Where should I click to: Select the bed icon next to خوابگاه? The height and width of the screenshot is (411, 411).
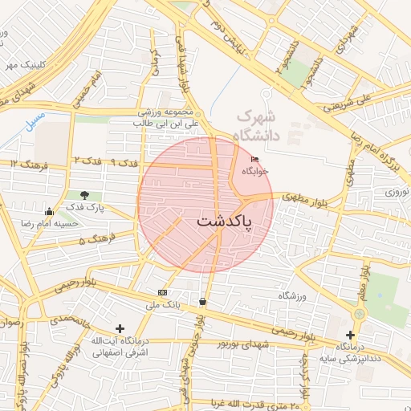coord(256,160)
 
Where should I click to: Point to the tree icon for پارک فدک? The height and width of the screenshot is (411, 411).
coord(84,195)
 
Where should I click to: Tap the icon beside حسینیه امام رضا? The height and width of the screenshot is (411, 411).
coord(50,212)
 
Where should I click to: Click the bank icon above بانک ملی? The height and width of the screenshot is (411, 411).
coord(164,292)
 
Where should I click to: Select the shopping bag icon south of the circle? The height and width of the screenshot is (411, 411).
coord(201,302)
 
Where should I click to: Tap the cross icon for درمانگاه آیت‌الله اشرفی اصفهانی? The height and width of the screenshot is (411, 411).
coord(120,328)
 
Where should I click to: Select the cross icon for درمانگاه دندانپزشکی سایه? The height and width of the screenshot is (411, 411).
coord(350,334)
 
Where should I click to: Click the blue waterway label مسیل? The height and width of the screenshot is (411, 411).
coord(35,124)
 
